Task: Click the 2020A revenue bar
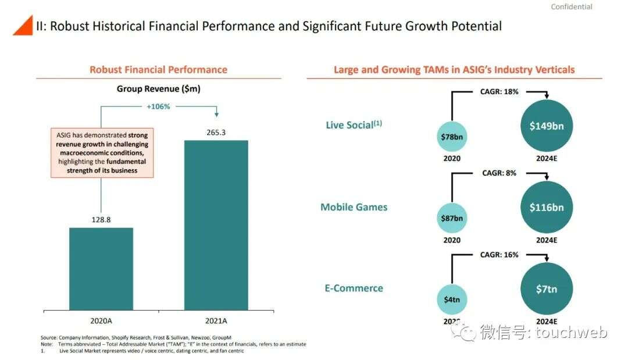pos(101,268)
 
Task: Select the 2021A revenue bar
pos(216,224)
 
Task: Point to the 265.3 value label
pos(216,133)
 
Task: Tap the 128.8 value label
pos(101,220)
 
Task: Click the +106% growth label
pos(158,106)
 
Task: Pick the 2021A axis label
pos(216,320)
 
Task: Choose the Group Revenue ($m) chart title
pos(158,89)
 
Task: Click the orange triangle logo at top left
pos(23,26)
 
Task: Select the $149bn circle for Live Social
pos(547,126)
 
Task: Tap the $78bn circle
pos(452,137)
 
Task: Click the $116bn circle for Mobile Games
pos(547,208)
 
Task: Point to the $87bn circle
pos(452,218)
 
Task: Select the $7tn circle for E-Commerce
pos(547,289)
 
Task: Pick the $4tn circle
pos(452,300)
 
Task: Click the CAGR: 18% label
pos(499,91)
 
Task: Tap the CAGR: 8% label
pos(499,173)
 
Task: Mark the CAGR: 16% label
pos(499,255)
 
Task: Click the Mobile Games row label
pos(354,207)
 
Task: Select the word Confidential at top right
pos(571,7)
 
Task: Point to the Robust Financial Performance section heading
pos(158,70)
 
